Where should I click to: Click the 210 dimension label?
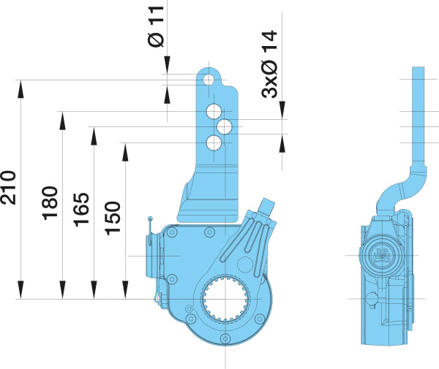point(8,187)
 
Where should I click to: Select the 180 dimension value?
point(50,203)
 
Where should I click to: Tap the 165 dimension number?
point(81,210)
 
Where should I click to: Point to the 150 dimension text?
point(113,218)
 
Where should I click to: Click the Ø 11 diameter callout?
point(156,26)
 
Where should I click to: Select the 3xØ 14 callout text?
point(269,64)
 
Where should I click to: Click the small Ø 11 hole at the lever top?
point(209,80)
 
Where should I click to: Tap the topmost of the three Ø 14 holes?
point(214,111)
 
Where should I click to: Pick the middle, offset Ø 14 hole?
point(225,127)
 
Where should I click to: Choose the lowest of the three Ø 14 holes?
point(214,142)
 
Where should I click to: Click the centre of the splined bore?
point(225,299)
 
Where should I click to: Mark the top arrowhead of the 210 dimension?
point(20,89)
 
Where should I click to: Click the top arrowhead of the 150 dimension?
point(125,152)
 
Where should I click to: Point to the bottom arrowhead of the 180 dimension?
point(62,290)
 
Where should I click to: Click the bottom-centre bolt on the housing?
point(225,338)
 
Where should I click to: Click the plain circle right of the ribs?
point(245,265)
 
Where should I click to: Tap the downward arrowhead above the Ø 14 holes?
point(282,110)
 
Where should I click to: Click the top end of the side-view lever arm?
point(418,67)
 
